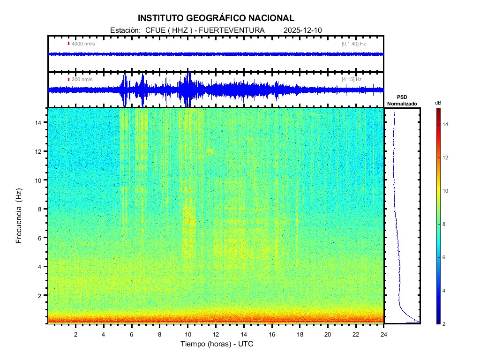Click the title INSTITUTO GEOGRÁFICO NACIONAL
[x=216, y=18]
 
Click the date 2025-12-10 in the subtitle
[x=303, y=30]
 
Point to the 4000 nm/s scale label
[x=83, y=44]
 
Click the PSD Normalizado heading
[x=402, y=100]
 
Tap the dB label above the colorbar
[x=438, y=103]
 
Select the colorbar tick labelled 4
[x=445, y=291]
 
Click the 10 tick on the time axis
[x=187, y=334]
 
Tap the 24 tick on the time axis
[x=383, y=334]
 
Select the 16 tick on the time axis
[x=271, y=334]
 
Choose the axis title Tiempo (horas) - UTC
[x=217, y=344]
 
